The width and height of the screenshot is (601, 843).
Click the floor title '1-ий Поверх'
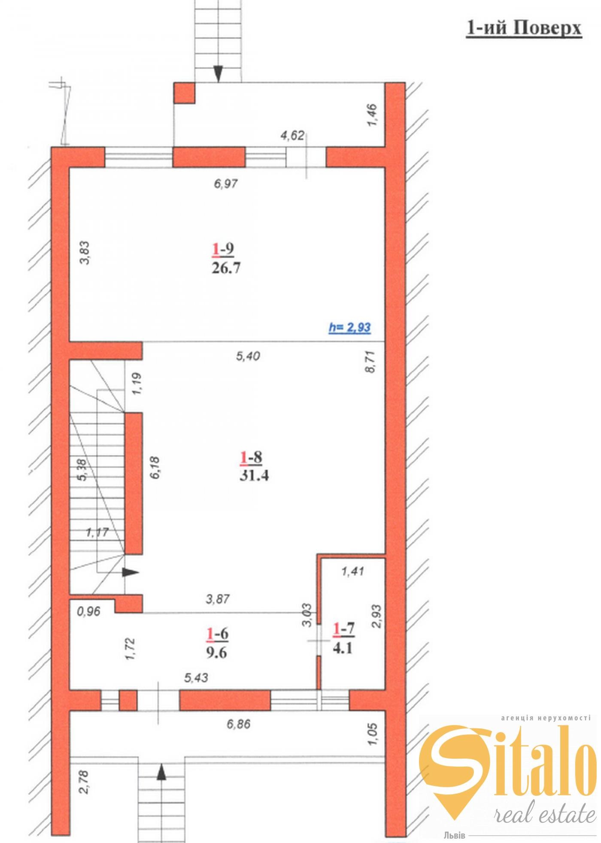pos(524,28)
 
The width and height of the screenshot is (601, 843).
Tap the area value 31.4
pos(254,476)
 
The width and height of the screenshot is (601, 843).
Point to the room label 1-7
pos(343,629)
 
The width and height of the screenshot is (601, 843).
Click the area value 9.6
pos(216,653)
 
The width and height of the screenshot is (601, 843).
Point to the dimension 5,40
pos(248,356)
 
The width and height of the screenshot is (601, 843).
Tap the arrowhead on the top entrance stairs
pos(218,74)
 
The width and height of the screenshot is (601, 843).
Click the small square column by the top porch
pos(184,93)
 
